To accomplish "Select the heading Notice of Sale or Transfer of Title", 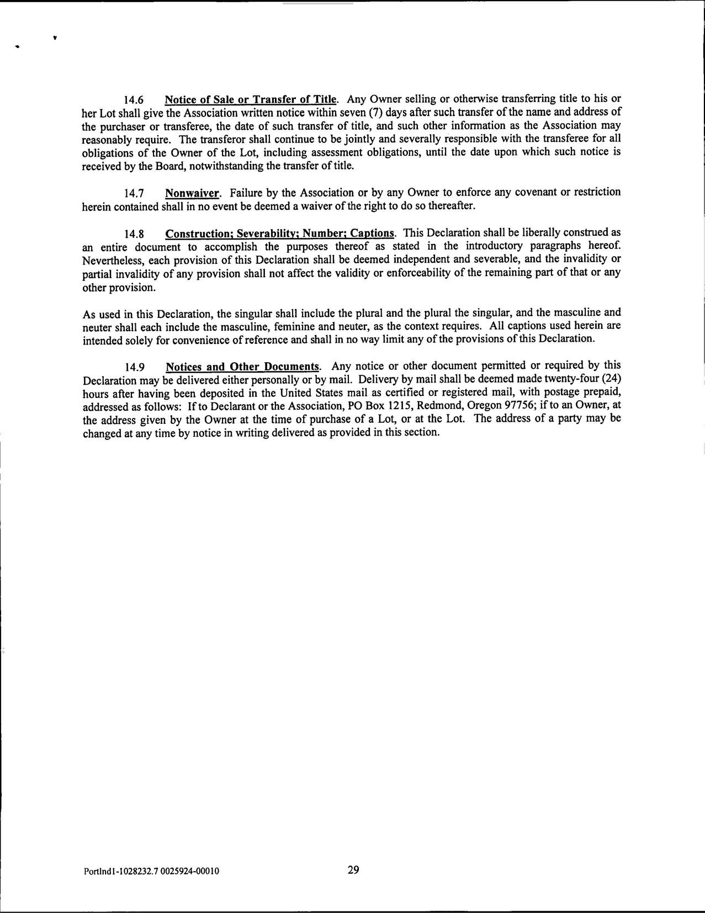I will point(251,99).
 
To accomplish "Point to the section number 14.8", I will point(134,233).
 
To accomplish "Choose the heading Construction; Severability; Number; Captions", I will point(280,233).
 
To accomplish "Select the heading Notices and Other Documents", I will point(243,367).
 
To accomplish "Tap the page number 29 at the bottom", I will point(353,870).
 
